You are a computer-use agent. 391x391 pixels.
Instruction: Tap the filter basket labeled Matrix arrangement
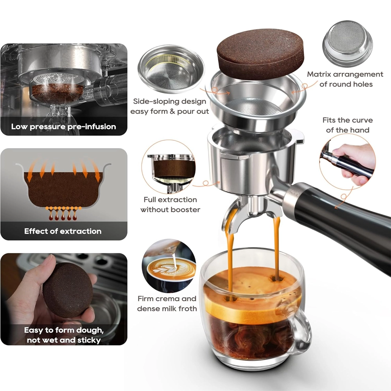coord(347,43)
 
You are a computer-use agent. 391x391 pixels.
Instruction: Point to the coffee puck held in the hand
coord(68,290)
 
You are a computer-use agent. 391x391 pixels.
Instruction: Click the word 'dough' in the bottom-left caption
coord(90,330)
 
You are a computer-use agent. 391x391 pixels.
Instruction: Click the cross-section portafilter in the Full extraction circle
coord(172,172)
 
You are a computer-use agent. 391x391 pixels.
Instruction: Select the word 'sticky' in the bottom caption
coord(89,341)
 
